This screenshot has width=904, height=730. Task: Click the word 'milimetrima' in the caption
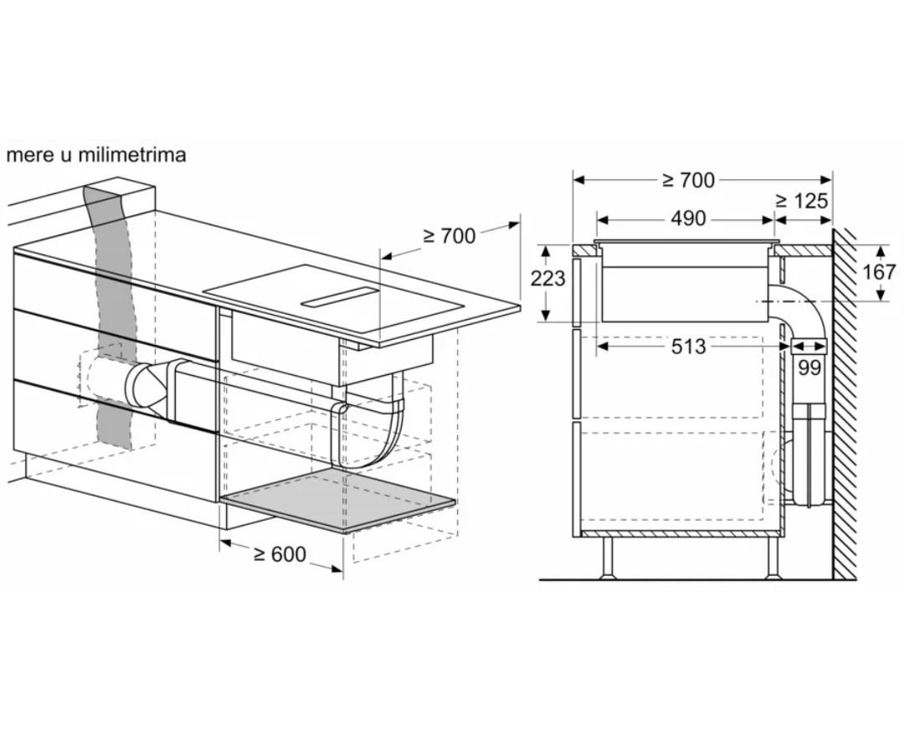[x=132, y=155]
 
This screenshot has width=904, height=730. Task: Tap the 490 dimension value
[x=688, y=218]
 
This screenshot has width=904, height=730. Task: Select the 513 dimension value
[x=688, y=346]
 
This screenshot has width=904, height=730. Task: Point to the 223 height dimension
[x=547, y=279]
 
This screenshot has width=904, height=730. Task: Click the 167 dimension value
[x=879, y=271]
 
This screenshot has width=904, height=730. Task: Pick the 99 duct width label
[x=809, y=368]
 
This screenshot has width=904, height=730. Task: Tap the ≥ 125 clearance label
[x=801, y=201]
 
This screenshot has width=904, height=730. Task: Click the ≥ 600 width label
[x=280, y=553]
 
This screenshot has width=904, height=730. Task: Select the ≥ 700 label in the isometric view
[x=449, y=235]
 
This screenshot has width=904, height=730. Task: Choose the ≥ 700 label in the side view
[x=688, y=181]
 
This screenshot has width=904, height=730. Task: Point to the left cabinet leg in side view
[x=608, y=558]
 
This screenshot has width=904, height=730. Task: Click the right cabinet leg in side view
[x=772, y=558]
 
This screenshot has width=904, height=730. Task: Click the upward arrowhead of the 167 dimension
[x=879, y=252]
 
